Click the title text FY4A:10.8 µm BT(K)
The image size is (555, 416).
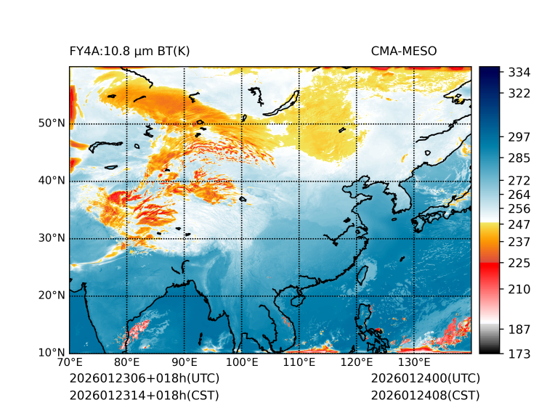(x=129, y=51)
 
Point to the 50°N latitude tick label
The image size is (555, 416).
(x=52, y=123)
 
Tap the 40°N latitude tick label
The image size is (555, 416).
(x=52, y=181)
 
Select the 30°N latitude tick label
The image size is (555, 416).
(x=52, y=238)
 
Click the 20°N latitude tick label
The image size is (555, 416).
(x=52, y=295)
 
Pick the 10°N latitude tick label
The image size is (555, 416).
(x=52, y=353)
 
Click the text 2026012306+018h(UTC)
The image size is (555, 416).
(x=144, y=379)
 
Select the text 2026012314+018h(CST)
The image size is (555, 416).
(x=144, y=396)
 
